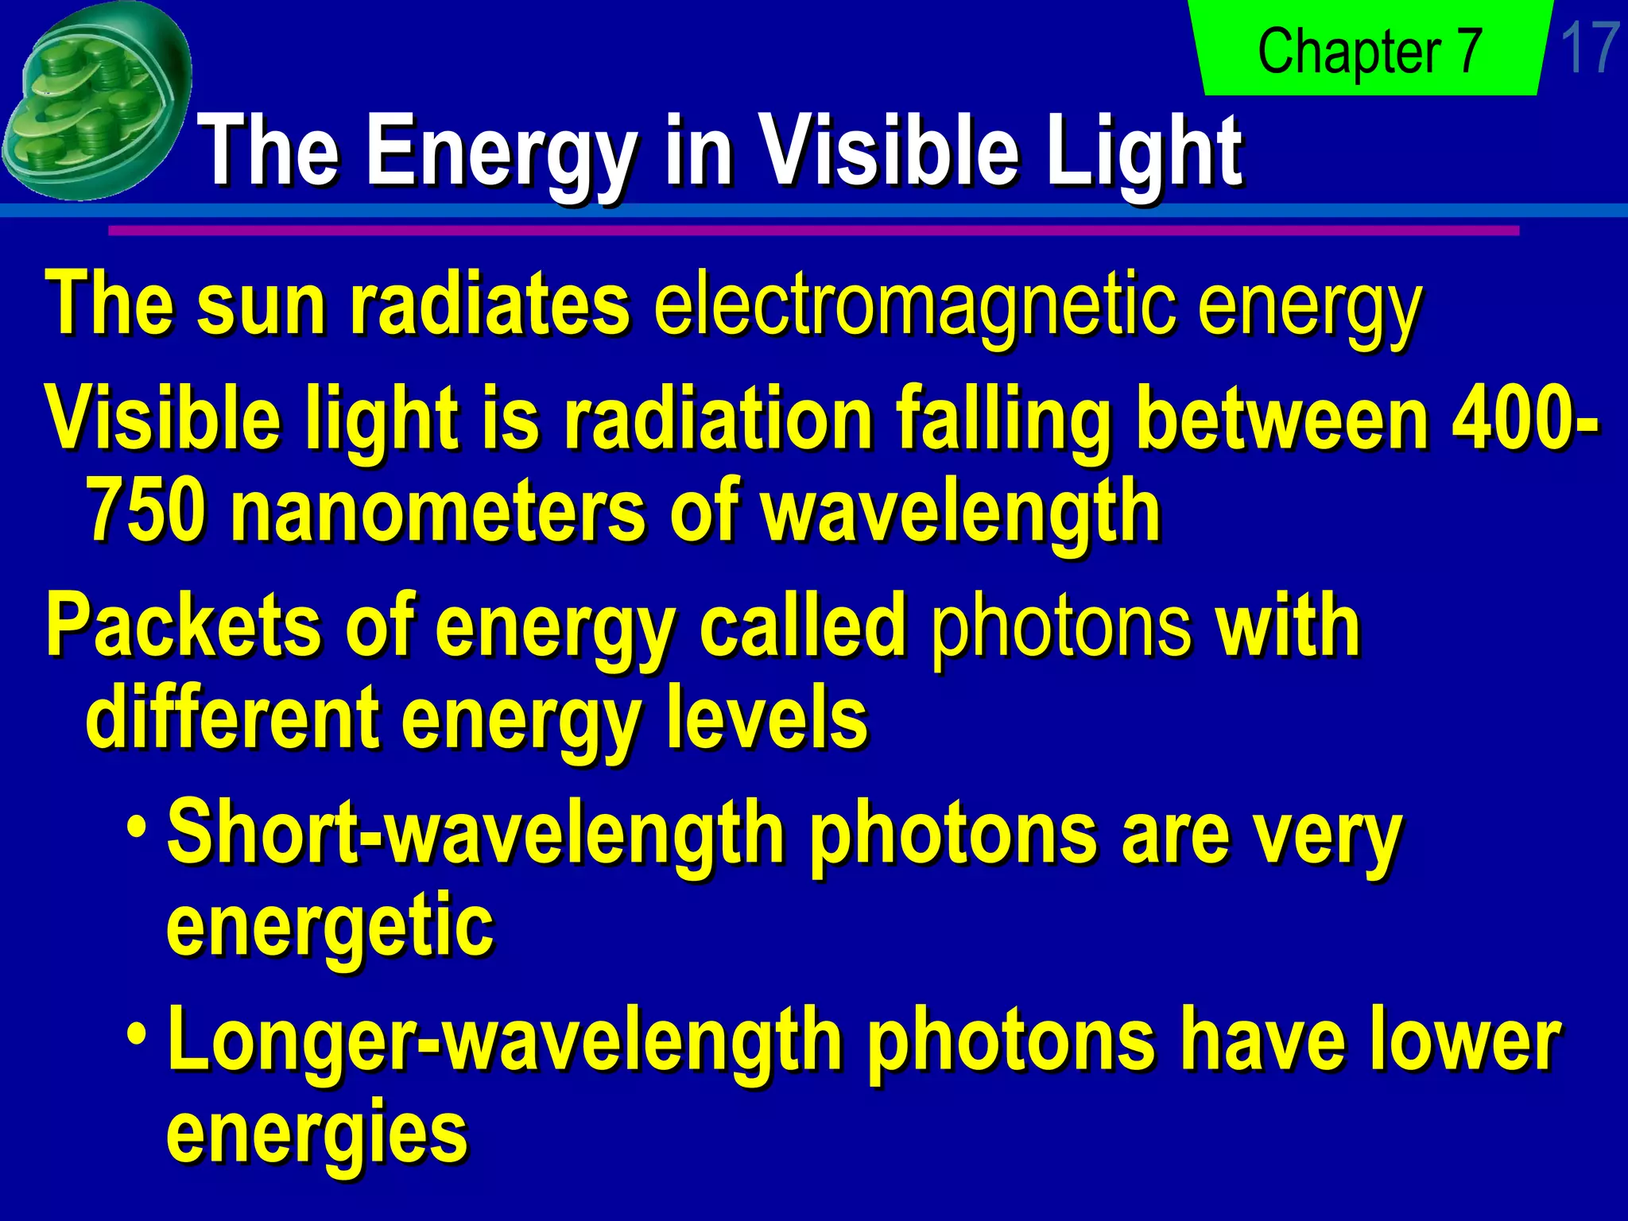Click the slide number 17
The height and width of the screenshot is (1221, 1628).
click(x=1588, y=49)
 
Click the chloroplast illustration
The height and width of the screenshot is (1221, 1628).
click(x=95, y=99)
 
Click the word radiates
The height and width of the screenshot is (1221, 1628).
click(x=490, y=306)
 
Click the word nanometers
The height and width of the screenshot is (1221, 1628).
click(x=437, y=513)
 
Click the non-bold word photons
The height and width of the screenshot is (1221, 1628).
click(x=1061, y=628)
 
